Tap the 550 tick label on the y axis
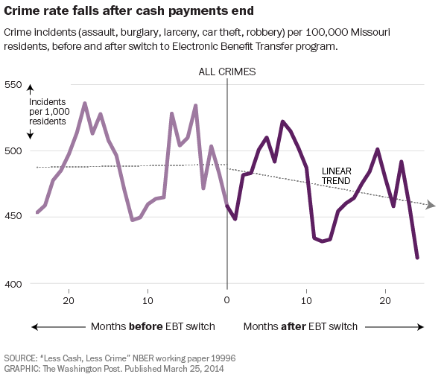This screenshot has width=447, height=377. click(13, 84)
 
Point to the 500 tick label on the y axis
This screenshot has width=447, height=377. click(13, 151)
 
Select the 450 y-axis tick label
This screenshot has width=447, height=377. click(13, 217)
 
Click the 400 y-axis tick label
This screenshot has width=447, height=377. click(13, 284)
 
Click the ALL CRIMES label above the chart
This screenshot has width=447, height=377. click(226, 72)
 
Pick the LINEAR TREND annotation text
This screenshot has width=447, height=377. click(337, 176)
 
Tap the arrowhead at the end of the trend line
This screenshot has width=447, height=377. click(431, 205)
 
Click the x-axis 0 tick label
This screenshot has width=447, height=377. click(226, 300)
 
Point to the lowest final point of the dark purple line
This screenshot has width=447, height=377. click(417, 258)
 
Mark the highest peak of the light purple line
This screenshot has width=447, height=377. click(85, 104)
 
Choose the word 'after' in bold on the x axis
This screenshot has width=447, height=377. click(295, 326)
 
